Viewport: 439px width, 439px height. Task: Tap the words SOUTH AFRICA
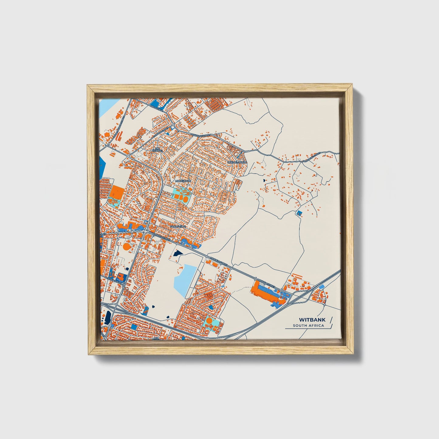click(308, 326)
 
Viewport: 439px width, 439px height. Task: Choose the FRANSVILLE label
click(177, 226)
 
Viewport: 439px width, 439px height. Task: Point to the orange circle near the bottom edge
click(209, 321)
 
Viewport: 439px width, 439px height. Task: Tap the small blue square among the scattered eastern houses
click(299, 213)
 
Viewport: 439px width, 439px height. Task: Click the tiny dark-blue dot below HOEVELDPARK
click(264, 180)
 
